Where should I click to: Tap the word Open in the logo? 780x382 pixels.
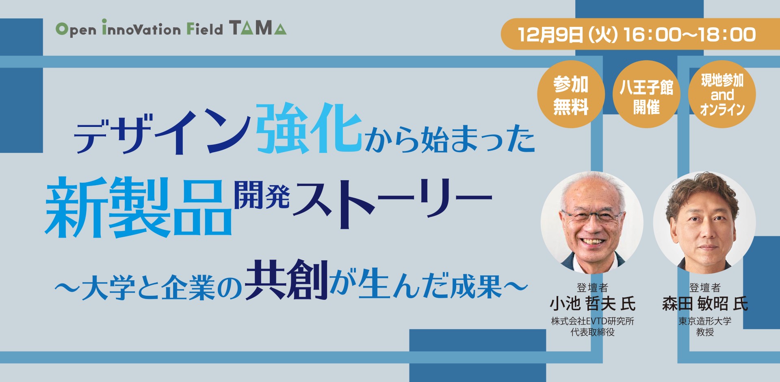[x=76, y=30]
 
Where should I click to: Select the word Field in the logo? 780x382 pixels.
[x=205, y=29]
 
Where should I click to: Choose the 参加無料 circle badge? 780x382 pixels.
[x=571, y=95]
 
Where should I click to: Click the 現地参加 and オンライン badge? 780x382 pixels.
[x=722, y=95]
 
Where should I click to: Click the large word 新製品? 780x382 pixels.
[x=138, y=207]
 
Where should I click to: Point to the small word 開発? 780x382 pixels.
[x=262, y=195]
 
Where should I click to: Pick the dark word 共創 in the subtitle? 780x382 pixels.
[x=286, y=281]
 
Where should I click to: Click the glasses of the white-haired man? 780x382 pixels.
[x=592, y=216]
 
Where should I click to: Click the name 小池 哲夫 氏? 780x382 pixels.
[x=592, y=304]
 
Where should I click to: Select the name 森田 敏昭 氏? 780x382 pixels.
[x=705, y=304]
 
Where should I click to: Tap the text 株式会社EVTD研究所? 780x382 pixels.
[x=592, y=321]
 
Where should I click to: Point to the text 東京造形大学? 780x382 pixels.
[x=705, y=321]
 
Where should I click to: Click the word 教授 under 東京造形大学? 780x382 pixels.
[x=705, y=332]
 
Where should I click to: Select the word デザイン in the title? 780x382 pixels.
[x=162, y=132]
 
